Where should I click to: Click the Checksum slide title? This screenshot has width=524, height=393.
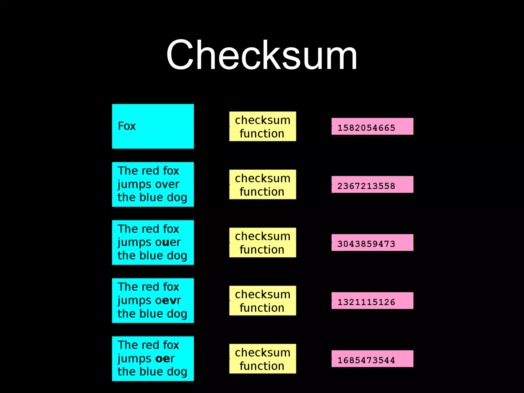(x=261, y=55)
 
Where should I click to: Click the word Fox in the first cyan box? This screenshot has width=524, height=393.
(x=127, y=126)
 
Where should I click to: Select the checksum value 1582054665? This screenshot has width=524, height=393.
(x=366, y=128)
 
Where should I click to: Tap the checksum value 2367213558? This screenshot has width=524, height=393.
(x=366, y=186)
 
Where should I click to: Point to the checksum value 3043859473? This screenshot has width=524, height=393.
(x=366, y=244)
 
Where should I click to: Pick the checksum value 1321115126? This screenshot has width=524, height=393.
(x=366, y=302)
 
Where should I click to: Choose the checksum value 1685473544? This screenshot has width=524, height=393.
(x=366, y=360)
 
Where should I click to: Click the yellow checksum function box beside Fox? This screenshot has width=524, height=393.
(x=263, y=126)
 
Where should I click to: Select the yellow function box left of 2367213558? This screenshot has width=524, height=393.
(x=263, y=184)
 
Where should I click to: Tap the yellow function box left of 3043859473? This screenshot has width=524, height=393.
(x=263, y=243)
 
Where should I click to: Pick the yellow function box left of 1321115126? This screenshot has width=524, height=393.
(x=263, y=301)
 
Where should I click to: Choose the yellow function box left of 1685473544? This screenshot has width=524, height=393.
(x=263, y=359)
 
